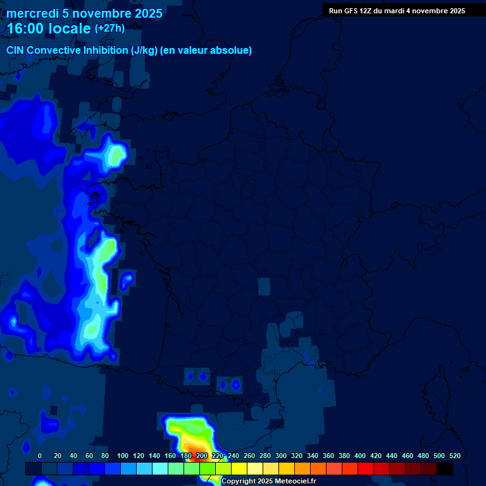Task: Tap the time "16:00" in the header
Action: pyautogui.click(x=27, y=28)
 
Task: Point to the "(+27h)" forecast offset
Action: pyautogui.click(x=109, y=28)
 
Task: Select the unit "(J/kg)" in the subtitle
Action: pyautogui.click(x=145, y=50)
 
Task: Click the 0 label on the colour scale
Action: pyautogui.click(x=40, y=456)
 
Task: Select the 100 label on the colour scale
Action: pyautogui.click(x=123, y=456)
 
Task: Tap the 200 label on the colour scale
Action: pyautogui.click(x=202, y=456)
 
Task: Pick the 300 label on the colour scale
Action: pyautogui.click(x=281, y=456)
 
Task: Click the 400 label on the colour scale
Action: pyautogui.click(x=360, y=456)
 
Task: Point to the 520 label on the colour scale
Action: pyautogui.click(x=454, y=456)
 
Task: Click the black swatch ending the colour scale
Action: pyautogui.click(x=445, y=468)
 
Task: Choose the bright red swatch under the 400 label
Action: pyautogui.click(x=366, y=468)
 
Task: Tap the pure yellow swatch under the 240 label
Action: pyautogui.click(x=239, y=468)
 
